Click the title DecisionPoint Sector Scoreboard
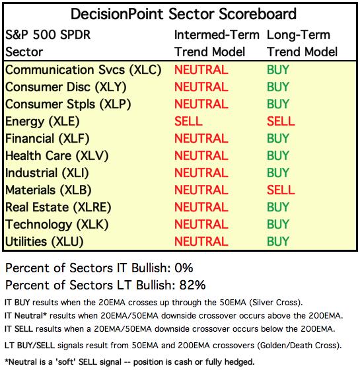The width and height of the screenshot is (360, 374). coord(184,14)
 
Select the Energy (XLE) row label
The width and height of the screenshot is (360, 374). coord(42,122)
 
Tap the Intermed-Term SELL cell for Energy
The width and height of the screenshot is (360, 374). coord(188,122)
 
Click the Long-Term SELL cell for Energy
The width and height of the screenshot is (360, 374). coord(281,122)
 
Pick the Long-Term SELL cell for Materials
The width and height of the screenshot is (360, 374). coord(281,190)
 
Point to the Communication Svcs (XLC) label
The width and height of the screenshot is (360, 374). coord(83,70)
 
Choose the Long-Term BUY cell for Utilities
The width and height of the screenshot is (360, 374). coord(278,242)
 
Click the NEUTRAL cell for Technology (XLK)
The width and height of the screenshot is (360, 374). coord(201,225)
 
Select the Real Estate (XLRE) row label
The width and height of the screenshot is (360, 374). coord(58,207)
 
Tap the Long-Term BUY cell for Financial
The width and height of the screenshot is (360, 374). coord(278,139)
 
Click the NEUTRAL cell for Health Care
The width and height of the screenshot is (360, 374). coord(201,156)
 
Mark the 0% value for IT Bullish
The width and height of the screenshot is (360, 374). coord(184,268)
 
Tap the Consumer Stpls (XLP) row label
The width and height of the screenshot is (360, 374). coord(68,104)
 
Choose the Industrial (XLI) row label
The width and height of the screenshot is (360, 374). coord(47,173)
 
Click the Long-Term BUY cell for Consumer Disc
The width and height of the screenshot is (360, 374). coord(278,87)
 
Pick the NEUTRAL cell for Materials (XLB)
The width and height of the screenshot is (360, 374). coord(201,190)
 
